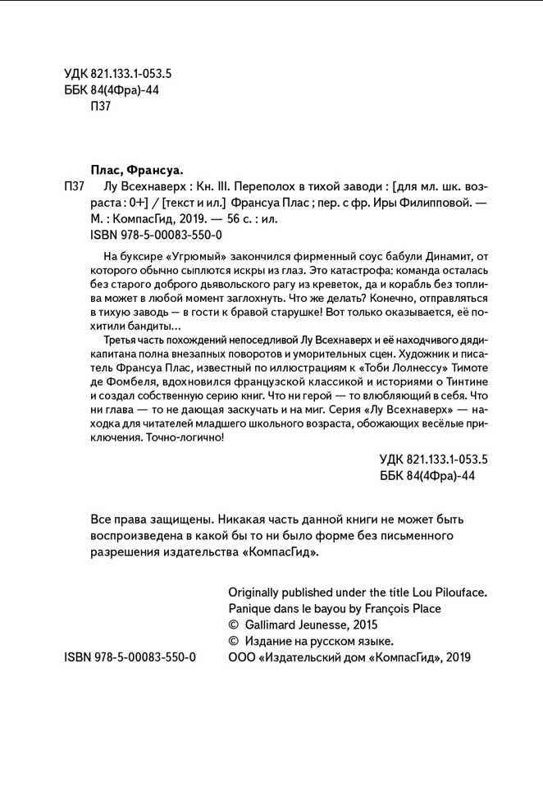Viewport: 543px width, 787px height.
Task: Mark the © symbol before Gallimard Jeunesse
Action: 232,625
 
